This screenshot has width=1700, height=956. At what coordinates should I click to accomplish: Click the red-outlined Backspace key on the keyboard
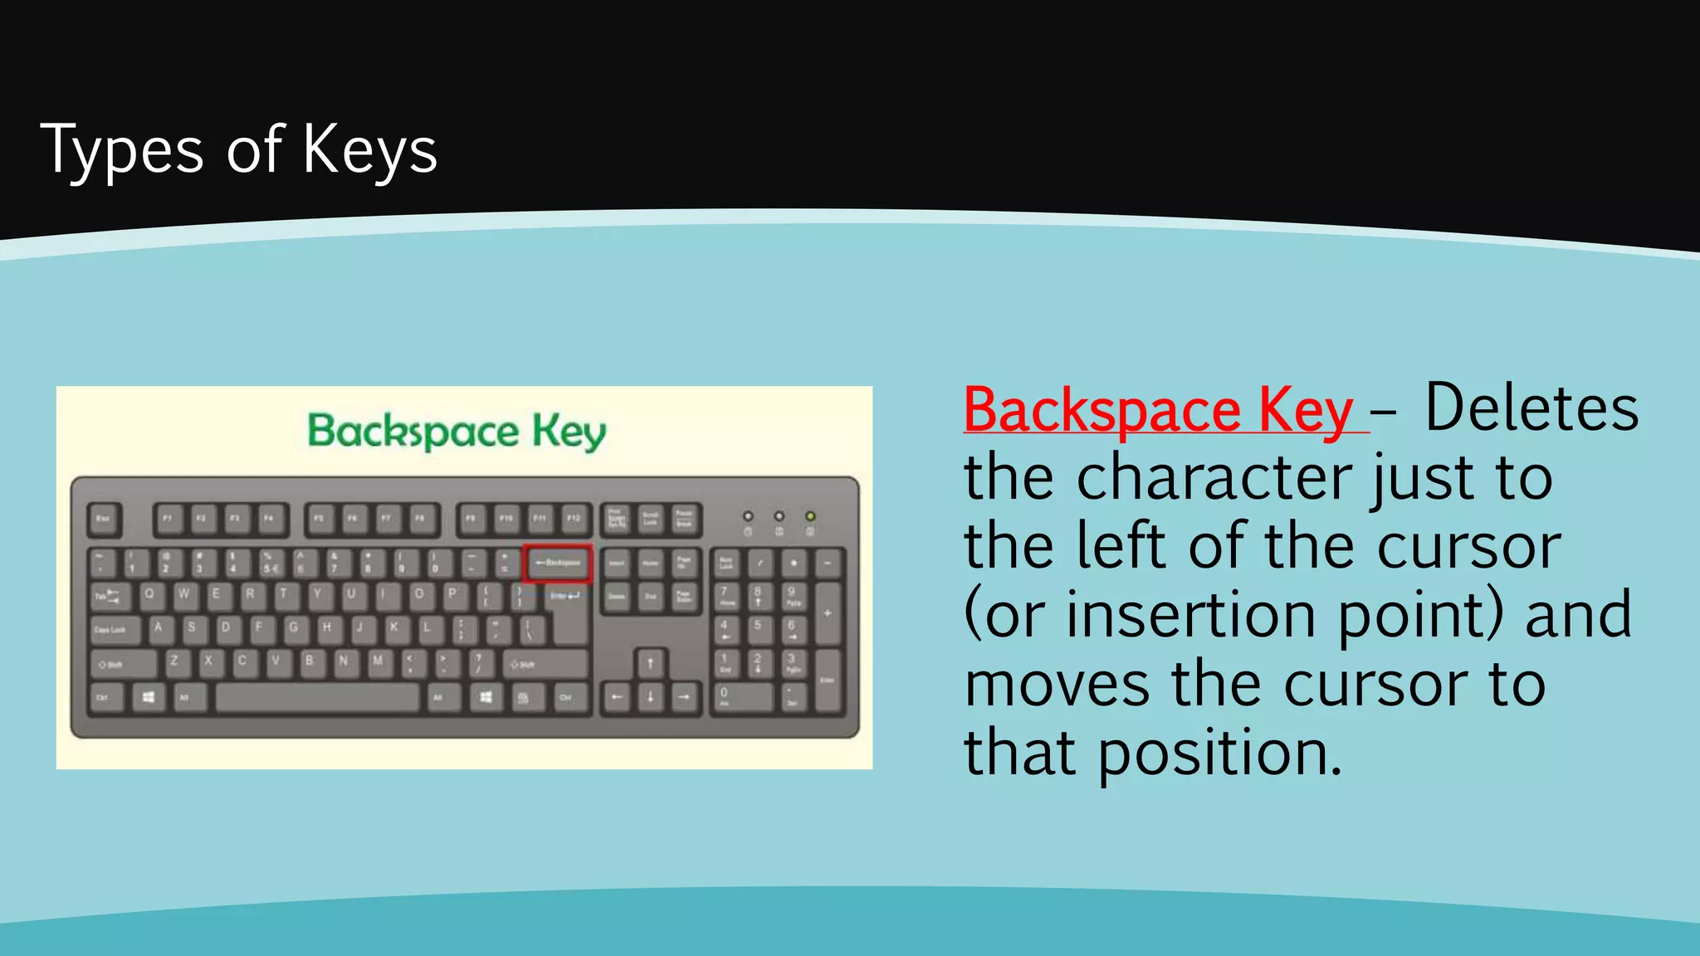click(557, 563)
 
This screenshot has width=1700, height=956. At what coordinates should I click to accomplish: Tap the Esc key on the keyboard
click(104, 519)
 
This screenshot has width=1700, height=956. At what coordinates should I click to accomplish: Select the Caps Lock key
click(111, 630)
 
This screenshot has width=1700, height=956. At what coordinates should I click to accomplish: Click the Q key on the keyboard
click(149, 595)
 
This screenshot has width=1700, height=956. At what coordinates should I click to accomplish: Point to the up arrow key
click(650, 663)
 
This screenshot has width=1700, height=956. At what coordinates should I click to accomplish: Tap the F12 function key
click(574, 519)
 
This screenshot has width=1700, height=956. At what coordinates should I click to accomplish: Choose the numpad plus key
click(828, 614)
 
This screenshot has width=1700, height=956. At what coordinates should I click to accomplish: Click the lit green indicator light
click(810, 516)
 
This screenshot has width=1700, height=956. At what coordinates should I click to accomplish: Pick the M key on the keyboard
click(378, 662)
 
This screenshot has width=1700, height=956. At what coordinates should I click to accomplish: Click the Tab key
click(107, 596)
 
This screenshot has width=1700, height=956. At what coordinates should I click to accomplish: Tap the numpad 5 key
click(758, 630)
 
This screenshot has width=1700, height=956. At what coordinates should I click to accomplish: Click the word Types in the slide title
click(121, 150)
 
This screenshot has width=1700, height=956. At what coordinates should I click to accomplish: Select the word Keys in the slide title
click(369, 150)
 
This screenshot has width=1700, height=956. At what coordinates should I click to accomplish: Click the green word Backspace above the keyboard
click(413, 432)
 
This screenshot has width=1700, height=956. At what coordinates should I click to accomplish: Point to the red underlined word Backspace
click(1102, 410)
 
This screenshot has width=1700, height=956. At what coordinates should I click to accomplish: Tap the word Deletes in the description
click(1531, 408)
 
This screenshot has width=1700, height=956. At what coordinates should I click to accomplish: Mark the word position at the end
click(1219, 753)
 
